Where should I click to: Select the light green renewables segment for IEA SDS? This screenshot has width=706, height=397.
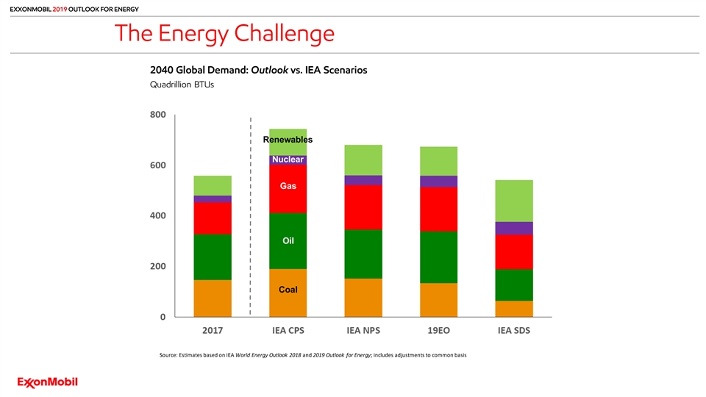[x=513, y=201]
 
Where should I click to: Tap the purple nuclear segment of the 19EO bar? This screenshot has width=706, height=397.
[x=438, y=182]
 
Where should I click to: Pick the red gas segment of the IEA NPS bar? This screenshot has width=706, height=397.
[x=363, y=207]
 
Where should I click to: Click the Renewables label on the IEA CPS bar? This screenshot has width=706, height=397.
[x=288, y=140]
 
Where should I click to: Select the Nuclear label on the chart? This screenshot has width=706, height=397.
[x=288, y=160]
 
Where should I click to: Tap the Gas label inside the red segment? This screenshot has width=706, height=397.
[x=288, y=187]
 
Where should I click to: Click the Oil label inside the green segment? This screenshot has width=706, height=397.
[x=288, y=241]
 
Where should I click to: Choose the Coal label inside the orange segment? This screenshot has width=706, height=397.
[x=288, y=290]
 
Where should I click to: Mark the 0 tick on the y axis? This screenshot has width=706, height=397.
[x=163, y=317]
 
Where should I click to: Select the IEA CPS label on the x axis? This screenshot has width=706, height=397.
[x=288, y=331]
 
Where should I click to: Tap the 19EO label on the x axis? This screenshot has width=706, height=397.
[x=438, y=331]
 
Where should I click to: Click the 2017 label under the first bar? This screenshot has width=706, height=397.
[x=213, y=331]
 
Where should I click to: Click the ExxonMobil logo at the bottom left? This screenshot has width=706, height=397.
[x=48, y=382]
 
